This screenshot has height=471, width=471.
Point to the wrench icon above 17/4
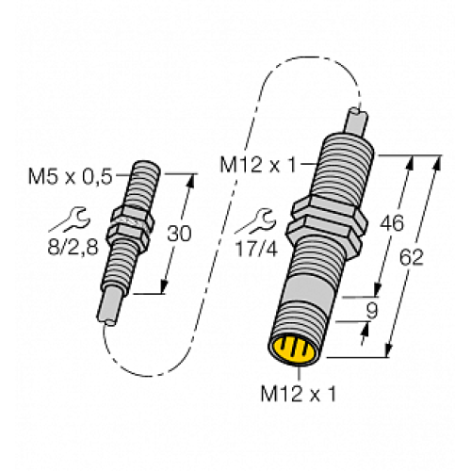249,223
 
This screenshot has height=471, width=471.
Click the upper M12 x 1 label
256,166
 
